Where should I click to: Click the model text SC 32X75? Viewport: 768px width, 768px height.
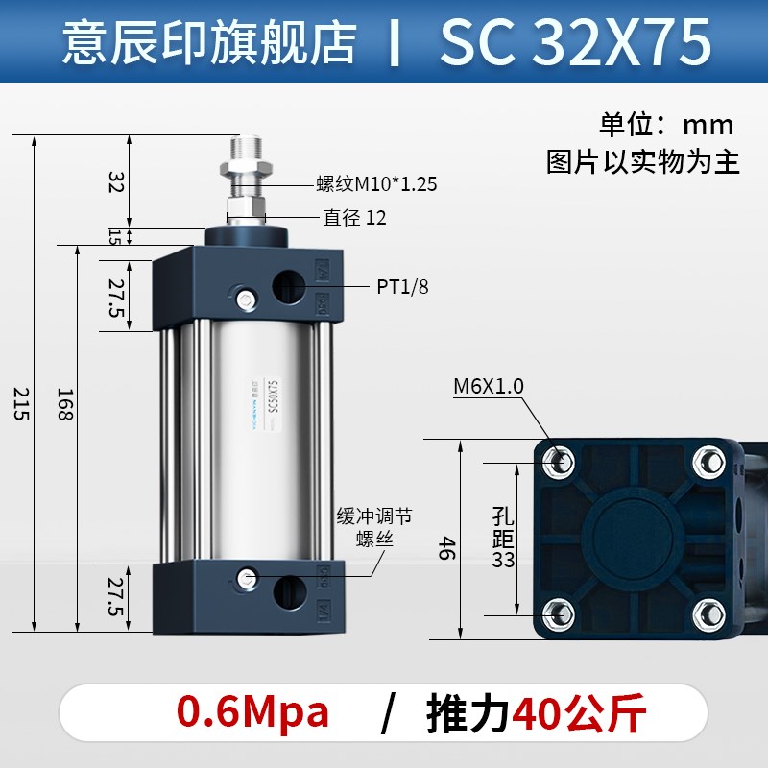coord(575,41)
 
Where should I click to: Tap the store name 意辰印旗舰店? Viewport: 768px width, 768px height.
coord(208,42)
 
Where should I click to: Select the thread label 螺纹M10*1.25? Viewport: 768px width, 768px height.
coord(377,183)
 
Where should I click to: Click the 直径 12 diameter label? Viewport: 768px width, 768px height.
coord(354,218)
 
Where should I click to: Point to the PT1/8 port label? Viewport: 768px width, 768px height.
coord(403,286)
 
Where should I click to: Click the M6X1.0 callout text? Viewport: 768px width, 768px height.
coord(489,386)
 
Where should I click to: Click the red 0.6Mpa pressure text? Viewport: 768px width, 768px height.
coord(252,713)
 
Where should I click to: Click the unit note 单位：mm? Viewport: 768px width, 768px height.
coord(666,125)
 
